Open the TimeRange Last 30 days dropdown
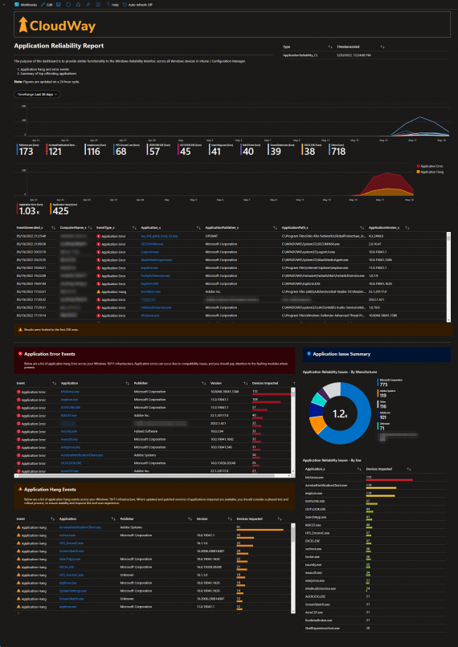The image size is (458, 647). (36, 94)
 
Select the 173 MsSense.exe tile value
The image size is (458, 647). (27, 151)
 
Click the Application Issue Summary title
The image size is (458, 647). (341, 353)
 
